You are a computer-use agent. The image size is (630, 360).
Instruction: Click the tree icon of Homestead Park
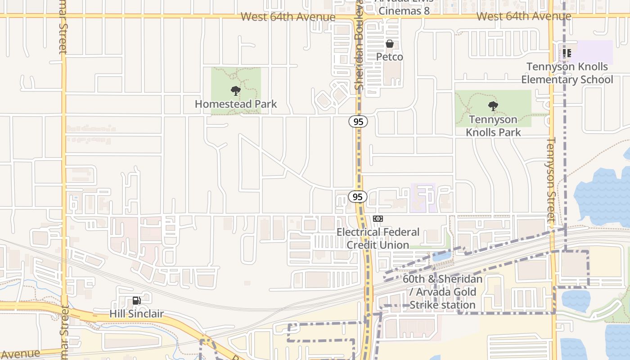[x=235, y=91]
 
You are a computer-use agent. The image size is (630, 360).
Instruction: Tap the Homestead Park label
[x=236, y=104]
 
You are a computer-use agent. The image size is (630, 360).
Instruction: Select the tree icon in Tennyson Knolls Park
[x=493, y=107]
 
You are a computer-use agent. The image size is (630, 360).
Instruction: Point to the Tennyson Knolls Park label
[x=493, y=126]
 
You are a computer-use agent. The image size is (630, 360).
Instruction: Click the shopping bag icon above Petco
[x=390, y=44]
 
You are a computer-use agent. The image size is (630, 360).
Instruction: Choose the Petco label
[x=390, y=57]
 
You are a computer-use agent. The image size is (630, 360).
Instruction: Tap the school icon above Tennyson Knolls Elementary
[x=567, y=54]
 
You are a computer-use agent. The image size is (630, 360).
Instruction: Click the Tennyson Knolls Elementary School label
[x=567, y=73]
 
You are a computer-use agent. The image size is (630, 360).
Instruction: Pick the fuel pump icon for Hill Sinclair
[x=136, y=301]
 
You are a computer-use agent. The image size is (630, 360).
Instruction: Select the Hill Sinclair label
[x=136, y=314]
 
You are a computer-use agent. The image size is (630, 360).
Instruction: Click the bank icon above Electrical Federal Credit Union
[x=378, y=219]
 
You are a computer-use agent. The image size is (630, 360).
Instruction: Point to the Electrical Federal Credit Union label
[x=378, y=238]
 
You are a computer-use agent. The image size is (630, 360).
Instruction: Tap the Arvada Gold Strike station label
[x=442, y=292]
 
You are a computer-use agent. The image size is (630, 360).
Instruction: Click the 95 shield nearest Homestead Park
[x=358, y=121]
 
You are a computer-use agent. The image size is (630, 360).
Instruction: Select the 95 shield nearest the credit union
[x=358, y=197]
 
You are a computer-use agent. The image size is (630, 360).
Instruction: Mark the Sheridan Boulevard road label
[x=359, y=45]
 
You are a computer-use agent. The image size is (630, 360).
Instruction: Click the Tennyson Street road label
[x=551, y=179]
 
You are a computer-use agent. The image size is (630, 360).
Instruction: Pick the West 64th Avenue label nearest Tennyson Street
[x=524, y=17]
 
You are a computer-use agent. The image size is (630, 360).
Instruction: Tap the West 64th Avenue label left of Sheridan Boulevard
[x=288, y=17]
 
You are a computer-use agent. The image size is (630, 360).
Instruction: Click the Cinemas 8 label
[x=404, y=11]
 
